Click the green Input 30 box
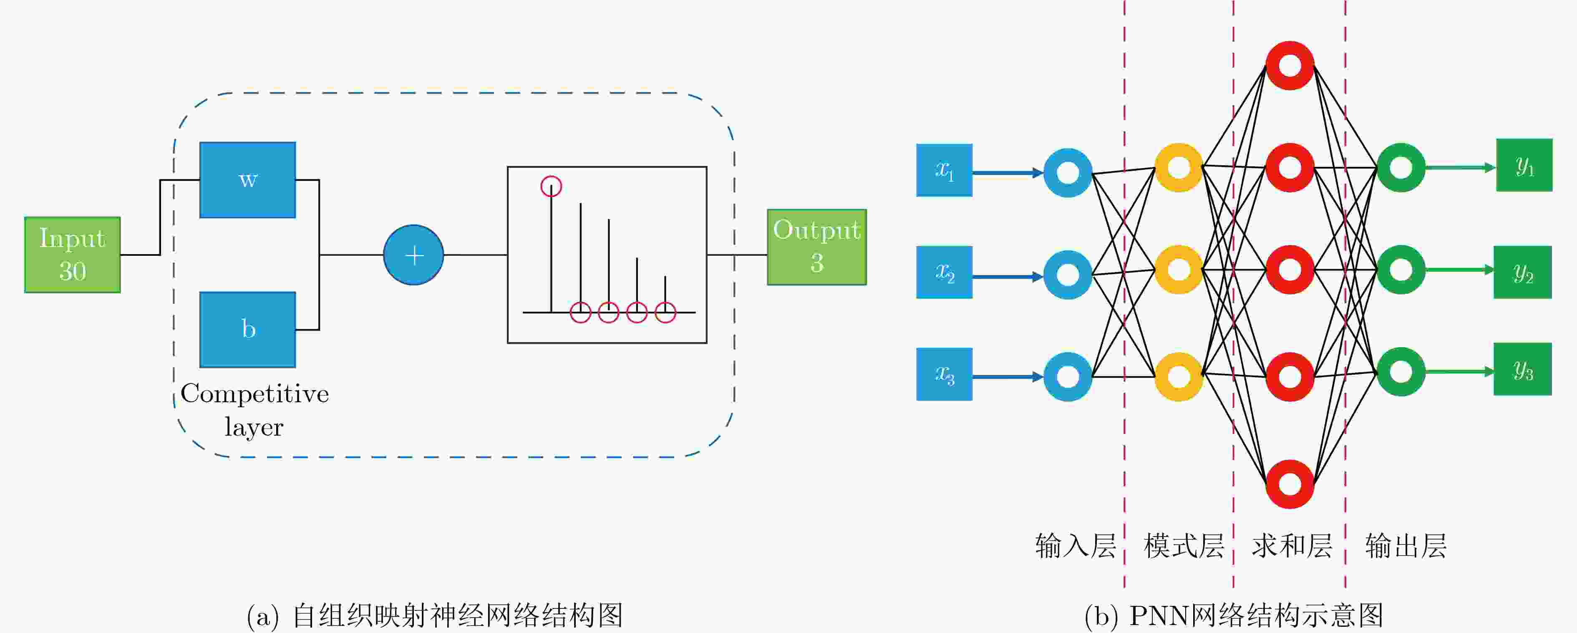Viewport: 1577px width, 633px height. point(72,255)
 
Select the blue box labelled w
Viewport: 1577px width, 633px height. point(248,180)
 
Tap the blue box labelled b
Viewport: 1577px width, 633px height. point(248,329)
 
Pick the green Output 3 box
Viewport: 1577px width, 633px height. point(817,247)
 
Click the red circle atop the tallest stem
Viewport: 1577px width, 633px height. point(551,186)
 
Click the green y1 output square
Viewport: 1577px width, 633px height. point(1524,165)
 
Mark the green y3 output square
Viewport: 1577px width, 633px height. point(1522,369)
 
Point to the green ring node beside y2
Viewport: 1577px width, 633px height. point(1401,270)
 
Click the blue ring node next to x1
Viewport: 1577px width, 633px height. point(1068,173)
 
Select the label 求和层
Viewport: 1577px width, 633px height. point(1292,545)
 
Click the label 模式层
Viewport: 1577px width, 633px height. point(1183,545)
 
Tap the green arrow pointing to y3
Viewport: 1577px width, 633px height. point(1460,371)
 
